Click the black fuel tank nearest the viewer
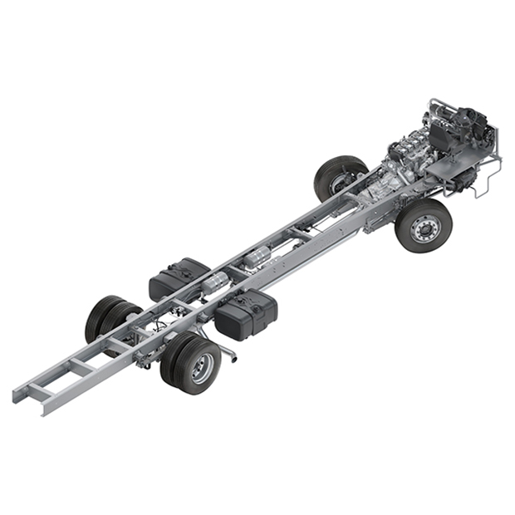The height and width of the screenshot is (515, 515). tap(247, 315)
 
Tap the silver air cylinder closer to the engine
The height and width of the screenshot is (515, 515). tap(260, 253)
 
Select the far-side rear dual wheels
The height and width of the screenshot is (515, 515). tap(108, 317)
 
